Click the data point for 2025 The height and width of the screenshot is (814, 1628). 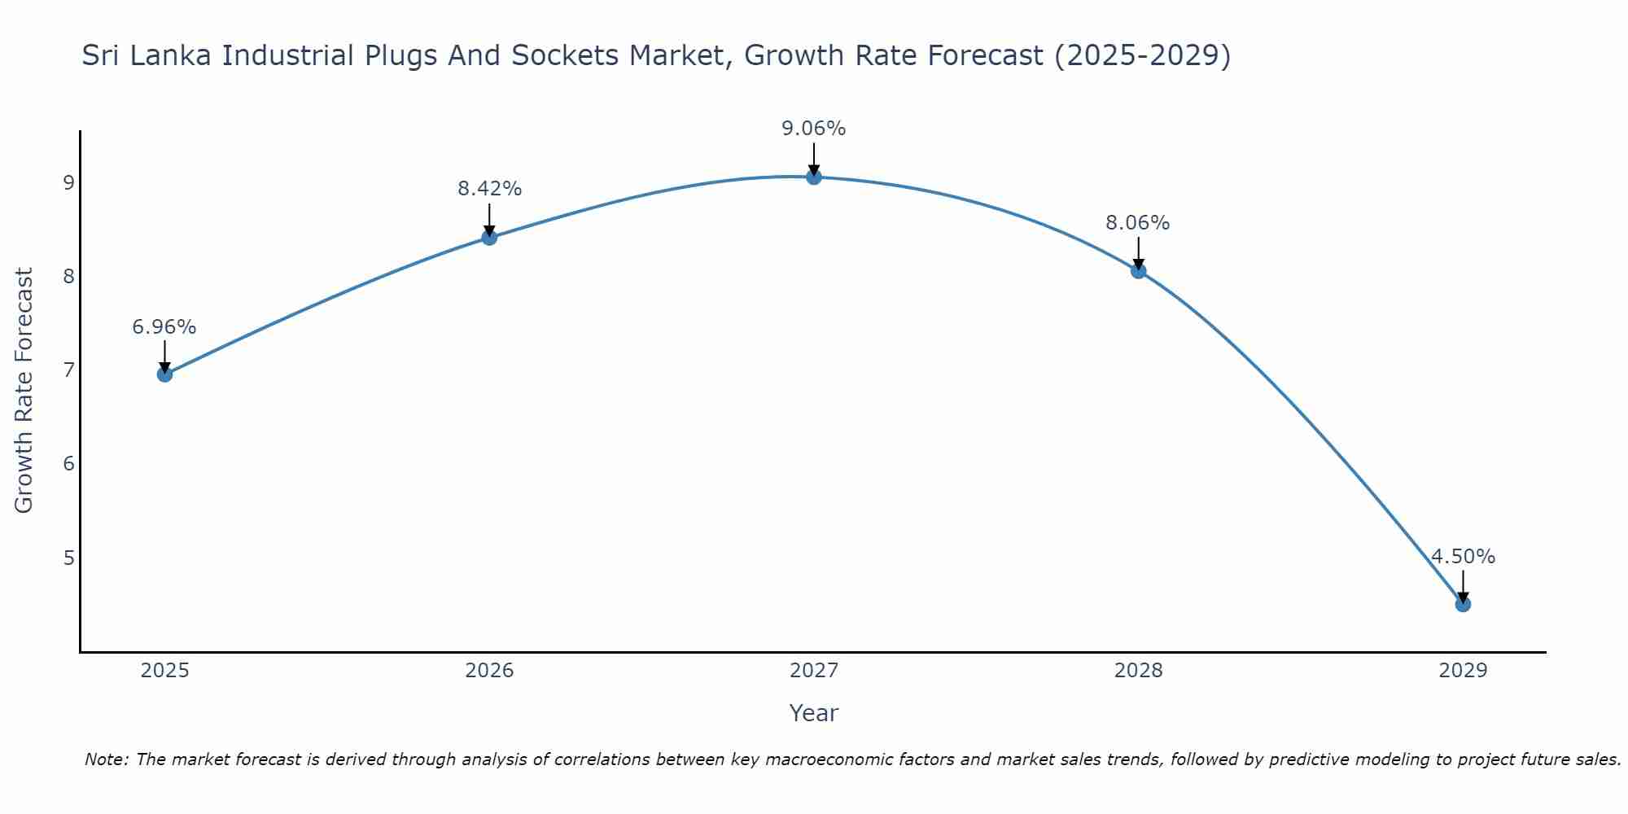point(164,374)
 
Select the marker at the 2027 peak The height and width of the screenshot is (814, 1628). point(814,177)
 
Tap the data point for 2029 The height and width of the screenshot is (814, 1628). point(1463,604)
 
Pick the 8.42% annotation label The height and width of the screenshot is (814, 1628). point(489,189)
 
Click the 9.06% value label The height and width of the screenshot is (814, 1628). point(814,129)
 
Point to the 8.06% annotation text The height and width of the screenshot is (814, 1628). point(1137,223)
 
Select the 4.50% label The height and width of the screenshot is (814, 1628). point(1463,557)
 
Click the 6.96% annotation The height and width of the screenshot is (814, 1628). point(164,327)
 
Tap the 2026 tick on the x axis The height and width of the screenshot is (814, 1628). point(489,671)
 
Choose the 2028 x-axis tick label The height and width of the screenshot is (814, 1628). point(1138,671)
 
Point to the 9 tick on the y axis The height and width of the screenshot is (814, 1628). point(68,182)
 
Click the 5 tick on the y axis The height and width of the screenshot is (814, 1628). point(68,558)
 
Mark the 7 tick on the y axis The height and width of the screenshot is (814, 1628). point(68,370)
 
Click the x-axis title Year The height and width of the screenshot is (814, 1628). point(813,713)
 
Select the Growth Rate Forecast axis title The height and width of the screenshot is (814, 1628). point(24,391)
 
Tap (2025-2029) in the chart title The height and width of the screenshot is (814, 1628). point(1142,55)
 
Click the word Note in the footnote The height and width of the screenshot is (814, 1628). point(105,759)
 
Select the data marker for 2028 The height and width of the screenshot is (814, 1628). point(1138,271)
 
